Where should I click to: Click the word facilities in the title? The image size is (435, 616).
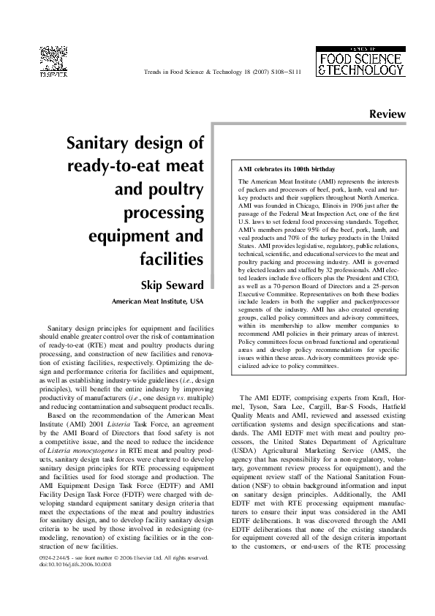pos(173,259)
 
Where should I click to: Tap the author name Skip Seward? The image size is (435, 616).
pos(172,285)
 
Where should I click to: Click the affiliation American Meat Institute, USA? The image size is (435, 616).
pos(157,301)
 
